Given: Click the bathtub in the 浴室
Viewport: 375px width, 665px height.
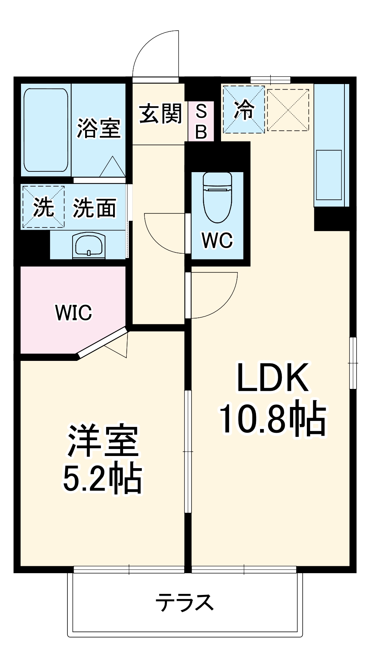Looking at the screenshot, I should pos(46,130).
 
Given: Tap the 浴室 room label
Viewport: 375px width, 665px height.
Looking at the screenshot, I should pos(99,128).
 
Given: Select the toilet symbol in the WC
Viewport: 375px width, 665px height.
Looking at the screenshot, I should pos(217,197).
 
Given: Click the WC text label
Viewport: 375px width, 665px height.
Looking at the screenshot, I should pos(217,240).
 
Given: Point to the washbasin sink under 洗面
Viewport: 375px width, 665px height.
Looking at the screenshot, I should pos(88,245).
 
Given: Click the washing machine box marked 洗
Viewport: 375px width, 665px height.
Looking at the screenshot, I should pos(43,207).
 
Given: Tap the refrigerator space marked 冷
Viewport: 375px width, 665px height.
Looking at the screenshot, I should pos(244,109).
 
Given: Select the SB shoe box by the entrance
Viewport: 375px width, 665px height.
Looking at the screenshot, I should pos(201,121).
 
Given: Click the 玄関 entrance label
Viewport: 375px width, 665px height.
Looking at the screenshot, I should pos(160,114).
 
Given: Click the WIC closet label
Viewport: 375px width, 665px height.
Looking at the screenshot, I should pos(73,313).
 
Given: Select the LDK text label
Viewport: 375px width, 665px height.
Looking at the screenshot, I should pos(272,377).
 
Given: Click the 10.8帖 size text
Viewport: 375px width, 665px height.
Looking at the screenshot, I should pos(272,419).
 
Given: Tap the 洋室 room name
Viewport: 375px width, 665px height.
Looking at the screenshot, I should pos(102,441).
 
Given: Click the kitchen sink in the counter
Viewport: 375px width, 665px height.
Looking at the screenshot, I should pos(329,175).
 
